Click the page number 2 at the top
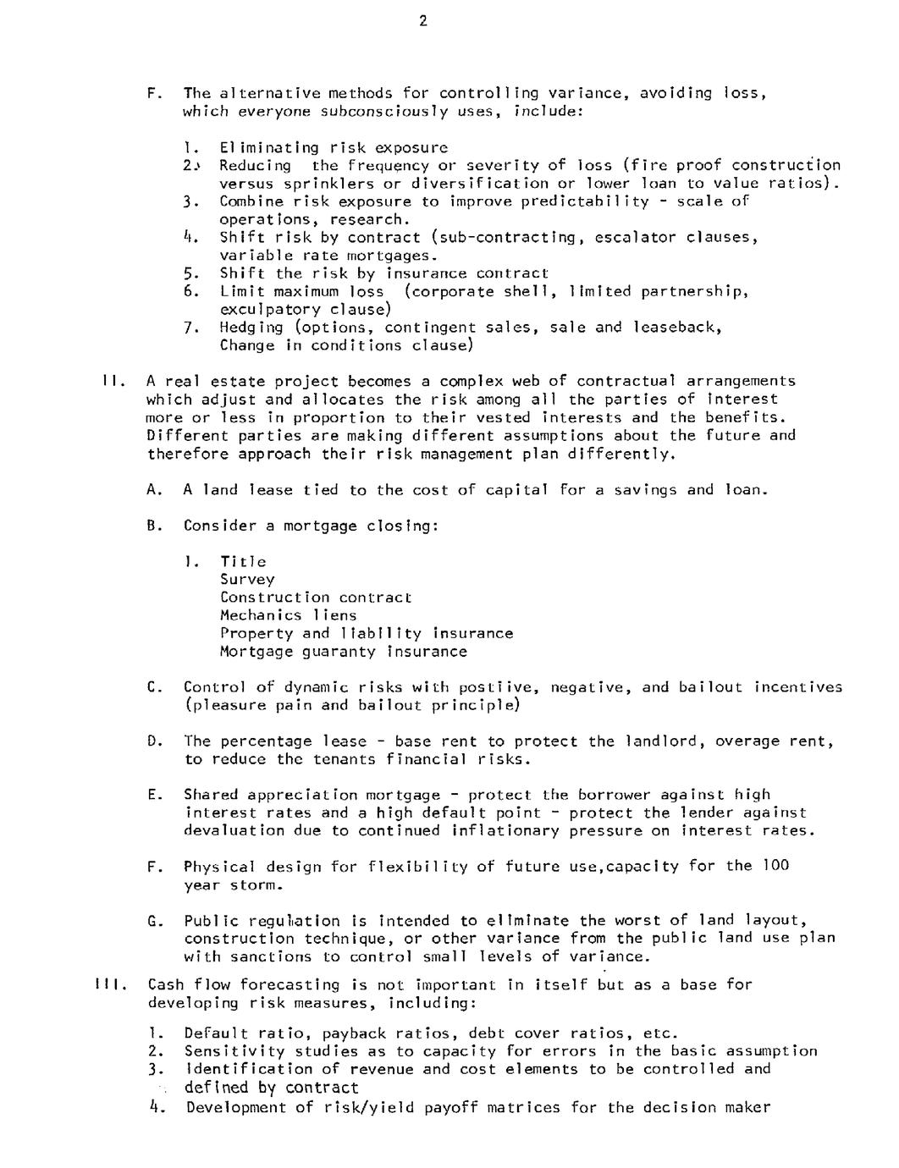[422, 22]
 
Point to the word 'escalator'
[635, 238]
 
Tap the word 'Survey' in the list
[247, 580]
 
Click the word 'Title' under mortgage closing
[244, 562]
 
